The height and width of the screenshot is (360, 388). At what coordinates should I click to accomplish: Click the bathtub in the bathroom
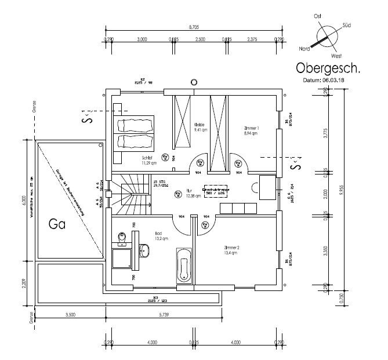(x=183, y=266)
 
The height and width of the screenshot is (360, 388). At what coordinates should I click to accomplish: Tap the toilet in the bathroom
(x=121, y=238)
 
